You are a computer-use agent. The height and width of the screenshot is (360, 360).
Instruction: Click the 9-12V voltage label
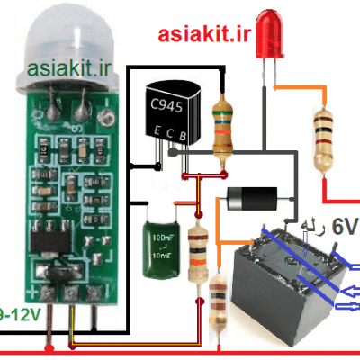coord(19,314)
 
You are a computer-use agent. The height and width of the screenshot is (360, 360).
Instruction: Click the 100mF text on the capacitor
coord(164,238)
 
